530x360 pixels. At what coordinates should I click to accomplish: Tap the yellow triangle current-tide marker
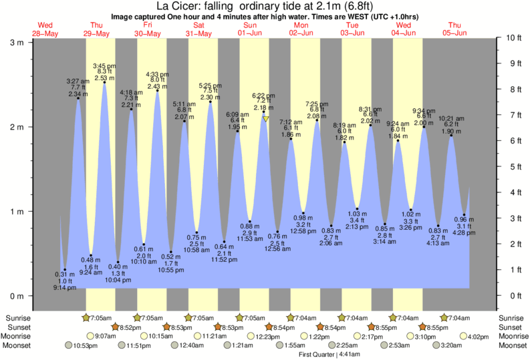click(265, 119)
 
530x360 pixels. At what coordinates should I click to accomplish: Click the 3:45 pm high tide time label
click(104, 65)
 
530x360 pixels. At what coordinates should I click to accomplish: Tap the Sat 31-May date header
click(198, 29)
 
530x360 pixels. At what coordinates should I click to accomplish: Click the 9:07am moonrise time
click(107, 336)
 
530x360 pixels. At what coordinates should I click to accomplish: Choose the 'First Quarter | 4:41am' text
click(329, 354)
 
